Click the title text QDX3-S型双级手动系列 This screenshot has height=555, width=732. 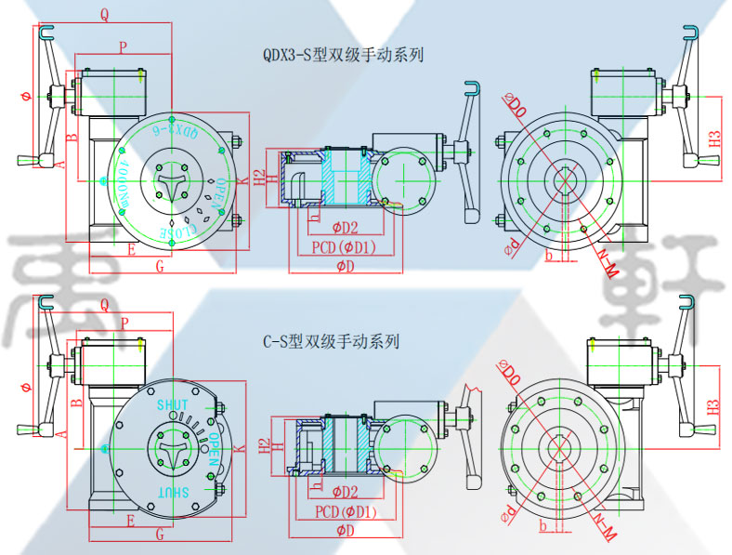344,55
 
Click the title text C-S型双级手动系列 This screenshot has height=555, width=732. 331,342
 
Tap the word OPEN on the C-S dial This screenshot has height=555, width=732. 215,447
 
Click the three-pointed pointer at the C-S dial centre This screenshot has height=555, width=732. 173,447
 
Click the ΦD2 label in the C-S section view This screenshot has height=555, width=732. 345,491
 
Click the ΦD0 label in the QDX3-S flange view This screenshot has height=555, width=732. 514,106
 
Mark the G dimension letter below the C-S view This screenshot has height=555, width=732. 160,534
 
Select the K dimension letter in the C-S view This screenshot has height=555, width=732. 240,449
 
